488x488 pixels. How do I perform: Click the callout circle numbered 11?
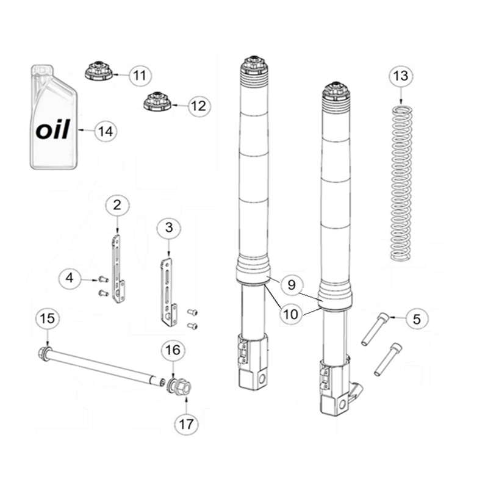tap(140, 75)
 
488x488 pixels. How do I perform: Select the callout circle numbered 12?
tap(199, 106)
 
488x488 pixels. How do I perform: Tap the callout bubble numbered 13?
tap(401, 76)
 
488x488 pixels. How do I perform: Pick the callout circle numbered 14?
tap(105, 131)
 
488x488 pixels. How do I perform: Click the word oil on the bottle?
tap(52, 129)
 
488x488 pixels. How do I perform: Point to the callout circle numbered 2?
tap(117, 205)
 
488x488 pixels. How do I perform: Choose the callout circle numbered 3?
tap(169, 228)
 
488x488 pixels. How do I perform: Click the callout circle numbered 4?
tap(70, 278)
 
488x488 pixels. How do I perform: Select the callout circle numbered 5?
tap(417, 319)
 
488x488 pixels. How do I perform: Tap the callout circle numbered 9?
tap(292, 285)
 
